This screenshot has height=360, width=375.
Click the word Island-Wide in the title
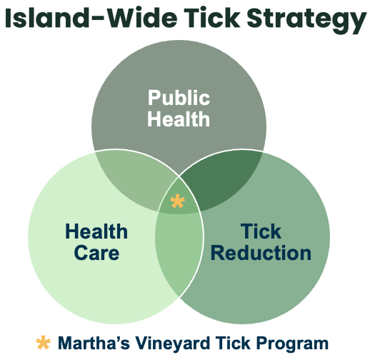tap(91, 18)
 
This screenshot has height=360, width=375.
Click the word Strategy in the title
tap(306, 21)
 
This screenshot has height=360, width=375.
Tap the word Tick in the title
tap(212, 18)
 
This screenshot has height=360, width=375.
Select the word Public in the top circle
tap(179, 98)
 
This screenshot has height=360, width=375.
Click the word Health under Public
tap(179, 119)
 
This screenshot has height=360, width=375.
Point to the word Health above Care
tap(96, 231)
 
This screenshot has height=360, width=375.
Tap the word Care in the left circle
tap(96, 253)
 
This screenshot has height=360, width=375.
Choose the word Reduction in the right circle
tap(261, 253)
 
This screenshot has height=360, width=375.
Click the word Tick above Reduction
tap(261, 231)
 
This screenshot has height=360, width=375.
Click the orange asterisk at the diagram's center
tap(177, 201)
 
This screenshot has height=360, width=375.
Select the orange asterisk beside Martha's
tap(44, 343)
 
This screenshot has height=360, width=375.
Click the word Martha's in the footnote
tap(94, 344)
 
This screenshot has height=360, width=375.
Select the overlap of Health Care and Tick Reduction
tap(179, 254)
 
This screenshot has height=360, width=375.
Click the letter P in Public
tap(154, 98)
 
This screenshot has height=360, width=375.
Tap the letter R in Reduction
tap(217, 253)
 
